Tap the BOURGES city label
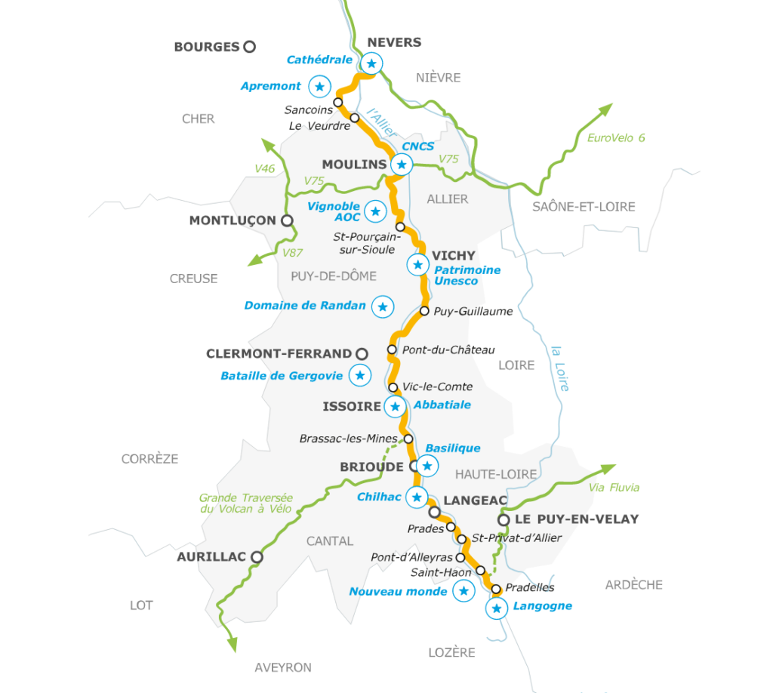[x=206, y=47]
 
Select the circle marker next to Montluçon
[x=287, y=220]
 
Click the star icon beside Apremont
[x=320, y=87]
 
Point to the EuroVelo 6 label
[x=616, y=138]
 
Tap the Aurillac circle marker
[x=257, y=557]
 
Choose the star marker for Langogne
[x=496, y=608]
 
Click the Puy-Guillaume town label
[x=473, y=311]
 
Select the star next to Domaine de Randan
[x=383, y=306]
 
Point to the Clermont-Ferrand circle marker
[x=362, y=353]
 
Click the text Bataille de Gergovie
[x=282, y=375]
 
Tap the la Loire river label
[x=559, y=368]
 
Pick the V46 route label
[x=264, y=168]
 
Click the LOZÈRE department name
[x=451, y=652]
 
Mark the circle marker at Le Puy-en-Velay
[x=504, y=519]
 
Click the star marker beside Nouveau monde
[x=463, y=591]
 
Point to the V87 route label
[x=293, y=253]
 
